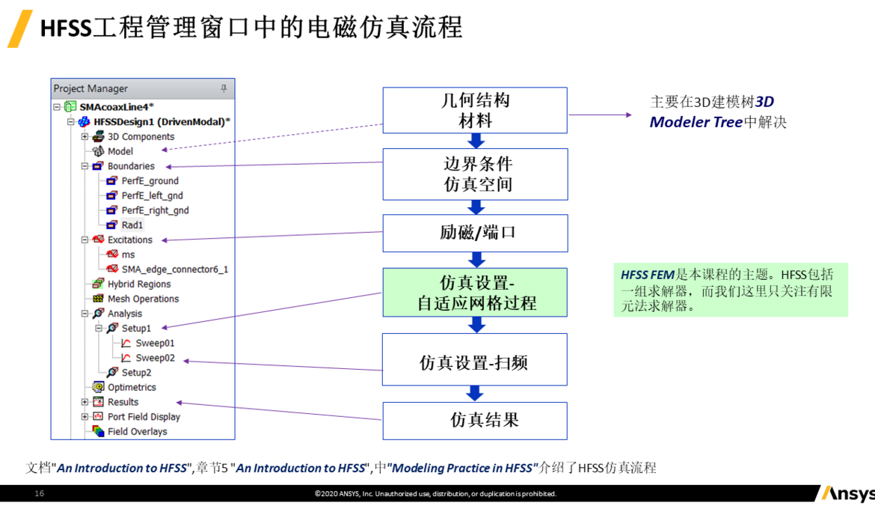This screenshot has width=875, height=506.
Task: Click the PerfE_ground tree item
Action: [150, 180]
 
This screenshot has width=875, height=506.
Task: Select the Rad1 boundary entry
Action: [132, 225]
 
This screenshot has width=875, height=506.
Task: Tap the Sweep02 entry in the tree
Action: [155, 358]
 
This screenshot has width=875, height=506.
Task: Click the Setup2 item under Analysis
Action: [136, 372]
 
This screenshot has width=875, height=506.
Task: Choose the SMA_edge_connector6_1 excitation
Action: [174, 269]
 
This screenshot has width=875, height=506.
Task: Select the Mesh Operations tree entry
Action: [143, 299]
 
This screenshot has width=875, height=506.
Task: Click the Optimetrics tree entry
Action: [132, 387]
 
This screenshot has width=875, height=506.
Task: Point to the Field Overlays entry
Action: [137, 431]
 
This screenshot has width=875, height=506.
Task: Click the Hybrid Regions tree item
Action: [139, 284]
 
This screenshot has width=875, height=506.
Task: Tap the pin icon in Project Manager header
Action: [223, 88]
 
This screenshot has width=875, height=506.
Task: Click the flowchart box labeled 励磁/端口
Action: [475, 233]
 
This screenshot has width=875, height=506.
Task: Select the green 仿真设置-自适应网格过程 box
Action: [475, 293]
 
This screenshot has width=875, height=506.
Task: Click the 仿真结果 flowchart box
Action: [475, 420]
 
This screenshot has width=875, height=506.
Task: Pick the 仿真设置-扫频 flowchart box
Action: [475, 363]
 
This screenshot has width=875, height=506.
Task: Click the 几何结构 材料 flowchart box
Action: [475, 110]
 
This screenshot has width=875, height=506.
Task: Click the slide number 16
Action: [40, 493]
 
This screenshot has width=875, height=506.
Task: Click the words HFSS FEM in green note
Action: [647, 275]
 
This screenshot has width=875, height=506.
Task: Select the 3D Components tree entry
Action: [141, 136]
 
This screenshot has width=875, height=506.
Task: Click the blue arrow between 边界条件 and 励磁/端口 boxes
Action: [476, 207]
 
